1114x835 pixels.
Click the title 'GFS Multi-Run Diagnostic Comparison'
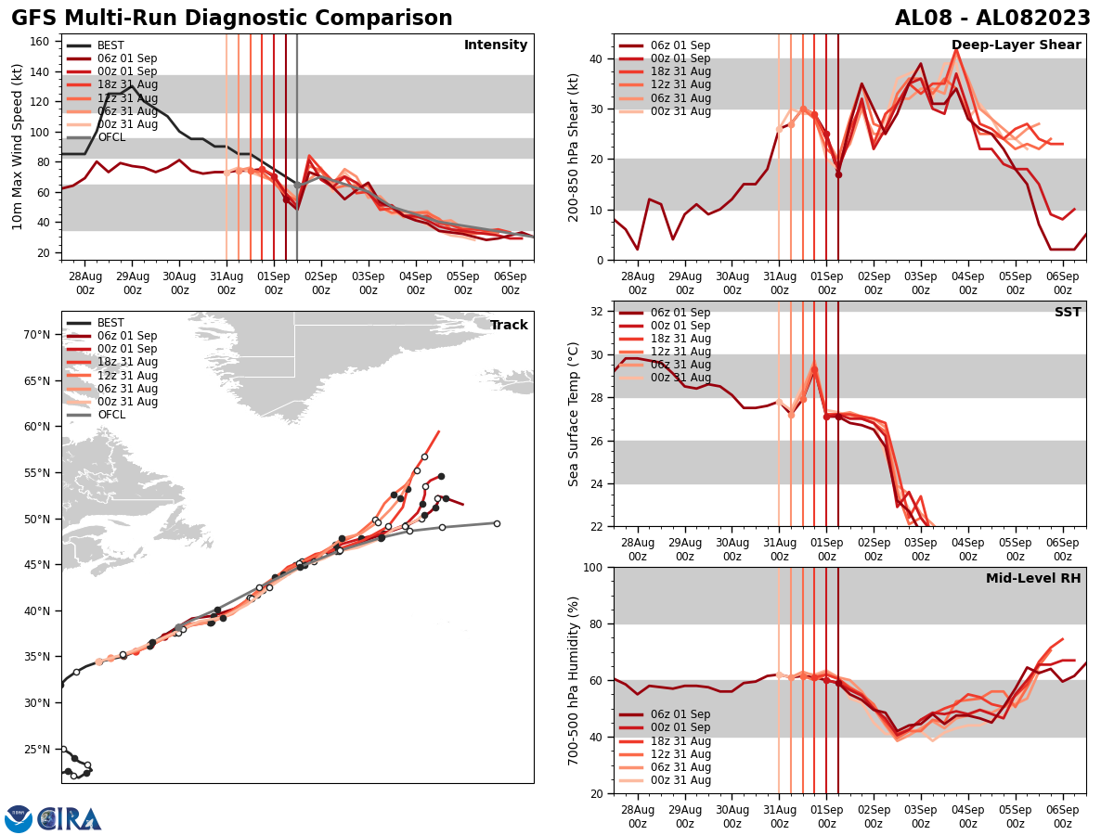tap(232, 19)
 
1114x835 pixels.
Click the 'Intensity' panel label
tap(496, 45)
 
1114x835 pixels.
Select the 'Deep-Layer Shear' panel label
tap(1016, 45)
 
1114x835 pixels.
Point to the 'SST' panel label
tap(1068, 313)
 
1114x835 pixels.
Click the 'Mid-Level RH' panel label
tap(1033, 579)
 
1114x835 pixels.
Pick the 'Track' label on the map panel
tap(509, 326)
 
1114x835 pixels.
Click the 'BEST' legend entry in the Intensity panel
tap(110, 45)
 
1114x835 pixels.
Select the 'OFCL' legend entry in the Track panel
tap(111, 415)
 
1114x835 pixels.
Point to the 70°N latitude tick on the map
tap(37, 335)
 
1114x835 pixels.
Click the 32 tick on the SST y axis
tap(598, 312)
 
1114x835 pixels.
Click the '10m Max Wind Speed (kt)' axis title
tap(18, 147)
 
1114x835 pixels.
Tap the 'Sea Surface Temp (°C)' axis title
tap(574, 414)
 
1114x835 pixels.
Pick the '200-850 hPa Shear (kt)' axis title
tap(574, 147)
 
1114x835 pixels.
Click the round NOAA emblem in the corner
tap(19, 819)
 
